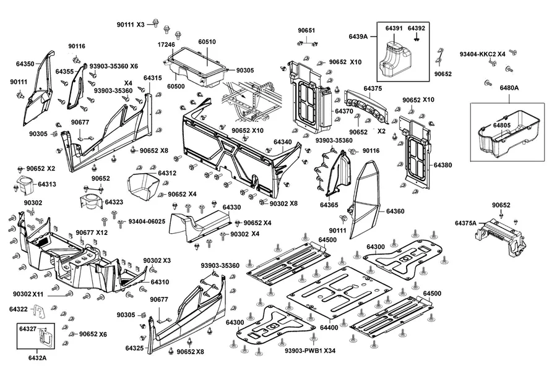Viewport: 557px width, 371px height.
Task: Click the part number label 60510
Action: (x=207, y=41)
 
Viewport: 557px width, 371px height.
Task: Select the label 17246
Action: (x=166, y=45)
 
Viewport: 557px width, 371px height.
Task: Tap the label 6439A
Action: (x=358, y=36)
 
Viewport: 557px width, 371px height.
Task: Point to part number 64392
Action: (x=416, y=28)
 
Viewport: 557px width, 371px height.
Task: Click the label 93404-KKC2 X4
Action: (x=482, y=54)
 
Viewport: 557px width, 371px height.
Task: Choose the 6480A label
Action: (x=509, y=88)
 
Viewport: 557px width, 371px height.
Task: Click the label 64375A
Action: (x=465, y=223)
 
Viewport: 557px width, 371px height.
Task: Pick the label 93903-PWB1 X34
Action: (x=310, y=351)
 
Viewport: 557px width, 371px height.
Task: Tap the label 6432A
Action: (x=37, y=358)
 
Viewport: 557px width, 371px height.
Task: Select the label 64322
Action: (x=19, y=309)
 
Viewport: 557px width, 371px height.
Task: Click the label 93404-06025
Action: (x=147, y=221)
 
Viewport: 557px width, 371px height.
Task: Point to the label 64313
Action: (x=47, y=184)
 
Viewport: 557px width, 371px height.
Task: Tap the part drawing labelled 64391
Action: (x=394, y=58)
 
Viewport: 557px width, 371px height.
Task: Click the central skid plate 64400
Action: (x=339, y=293)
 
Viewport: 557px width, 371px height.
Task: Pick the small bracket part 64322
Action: (x=40, y=312)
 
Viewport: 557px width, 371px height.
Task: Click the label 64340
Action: (x=282, y=142)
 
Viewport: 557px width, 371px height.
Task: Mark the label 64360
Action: (x=395, y=211)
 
